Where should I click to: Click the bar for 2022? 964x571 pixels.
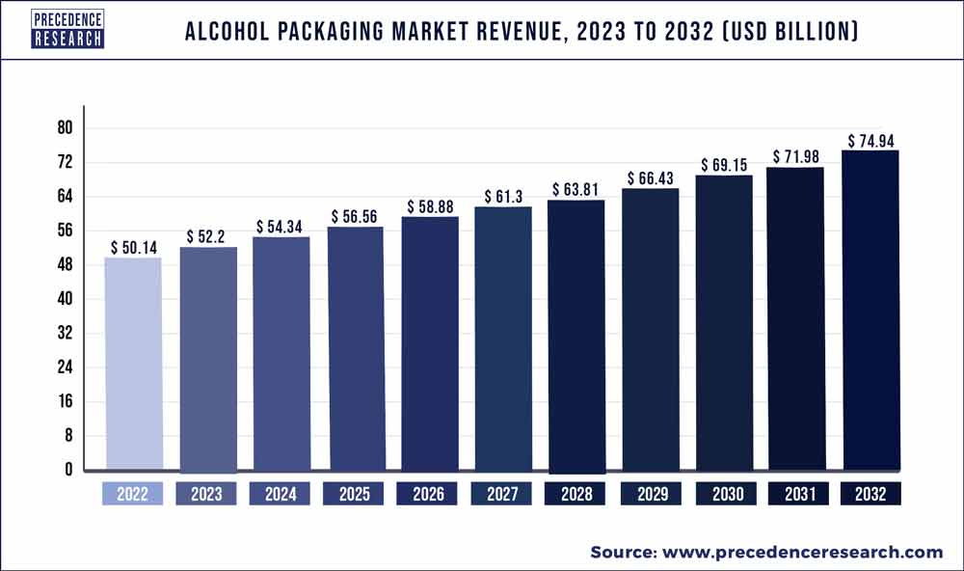point(133,365)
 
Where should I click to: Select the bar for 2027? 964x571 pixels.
point(502,340)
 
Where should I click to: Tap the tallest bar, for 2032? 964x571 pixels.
point(871,311)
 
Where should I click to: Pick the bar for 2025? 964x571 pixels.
point(355,349)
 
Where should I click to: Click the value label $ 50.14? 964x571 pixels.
point(133,248)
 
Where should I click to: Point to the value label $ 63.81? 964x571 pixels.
point(576,189)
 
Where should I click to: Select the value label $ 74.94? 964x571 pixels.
point(871,141)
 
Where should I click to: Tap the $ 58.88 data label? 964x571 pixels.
point(428,206)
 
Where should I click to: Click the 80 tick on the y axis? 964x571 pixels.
point(65,128)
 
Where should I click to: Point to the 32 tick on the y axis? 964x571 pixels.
point(65,334)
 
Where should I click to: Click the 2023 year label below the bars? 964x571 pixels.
point(207,494)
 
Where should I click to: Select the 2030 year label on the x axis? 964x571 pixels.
point(724,494)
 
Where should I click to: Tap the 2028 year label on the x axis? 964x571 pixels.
point(576,494)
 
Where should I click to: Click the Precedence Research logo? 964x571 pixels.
point(67,29)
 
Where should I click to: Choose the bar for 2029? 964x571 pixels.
point(650,330)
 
